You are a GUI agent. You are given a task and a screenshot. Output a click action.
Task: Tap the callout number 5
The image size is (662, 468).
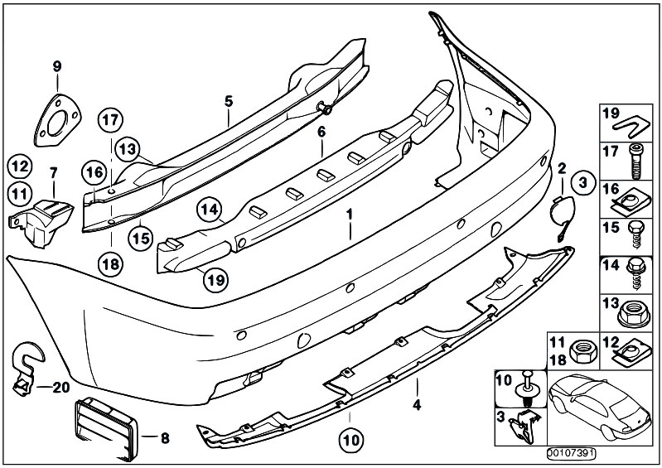[x=229, y=101]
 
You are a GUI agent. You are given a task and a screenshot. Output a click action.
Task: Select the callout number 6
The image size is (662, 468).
[x=321, y=131]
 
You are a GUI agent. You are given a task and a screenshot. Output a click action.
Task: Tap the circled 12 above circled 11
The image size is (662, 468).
[x=21, y=166]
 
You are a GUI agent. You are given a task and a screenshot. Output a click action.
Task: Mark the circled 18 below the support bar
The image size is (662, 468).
[x=110, y=263]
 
